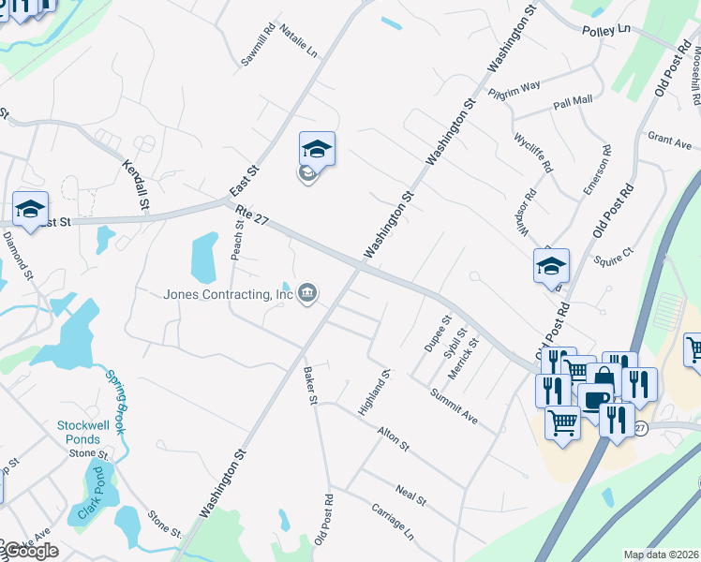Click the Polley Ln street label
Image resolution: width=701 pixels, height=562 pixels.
[605, 31]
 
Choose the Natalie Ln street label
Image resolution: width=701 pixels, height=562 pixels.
[299, 44]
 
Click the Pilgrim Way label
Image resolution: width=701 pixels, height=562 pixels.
[515, 90]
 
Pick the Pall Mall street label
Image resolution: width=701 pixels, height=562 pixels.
[573, 102]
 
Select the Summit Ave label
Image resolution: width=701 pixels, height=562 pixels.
[455, 407]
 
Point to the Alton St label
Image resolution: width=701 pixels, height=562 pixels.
[393, 438]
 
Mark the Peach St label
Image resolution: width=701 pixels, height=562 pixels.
[238, 240]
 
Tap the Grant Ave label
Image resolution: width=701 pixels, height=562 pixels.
[669, 141]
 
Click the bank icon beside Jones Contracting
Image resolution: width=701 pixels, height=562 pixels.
[307, 295]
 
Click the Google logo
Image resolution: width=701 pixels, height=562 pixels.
[30, 551]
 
